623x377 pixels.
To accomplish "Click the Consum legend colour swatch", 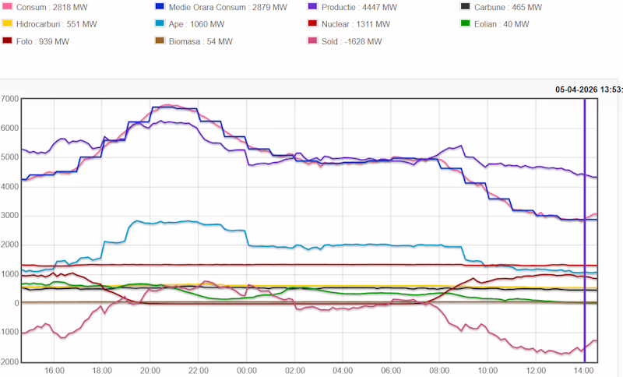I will click(7, 7).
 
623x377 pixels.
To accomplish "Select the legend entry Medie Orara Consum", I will click(219, 7).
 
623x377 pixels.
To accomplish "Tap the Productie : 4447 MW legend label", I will click(359, 7).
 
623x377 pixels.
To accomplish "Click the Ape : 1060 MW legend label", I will click(202, 24).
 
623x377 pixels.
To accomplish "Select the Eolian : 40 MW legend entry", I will click(501, 24).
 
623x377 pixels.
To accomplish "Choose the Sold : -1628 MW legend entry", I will click(351, 41).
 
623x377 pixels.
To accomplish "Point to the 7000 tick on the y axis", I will click(10, 99).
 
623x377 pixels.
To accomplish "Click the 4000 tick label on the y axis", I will click(10, 187).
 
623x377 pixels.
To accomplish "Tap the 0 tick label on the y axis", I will click(16, 303).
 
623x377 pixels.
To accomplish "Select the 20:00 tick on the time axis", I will click(150, 371).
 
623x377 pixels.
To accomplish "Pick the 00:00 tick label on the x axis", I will click(247, 371).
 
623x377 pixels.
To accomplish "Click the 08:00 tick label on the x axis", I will click(439, 371).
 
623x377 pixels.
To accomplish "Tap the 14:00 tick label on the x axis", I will click(583, 371).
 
